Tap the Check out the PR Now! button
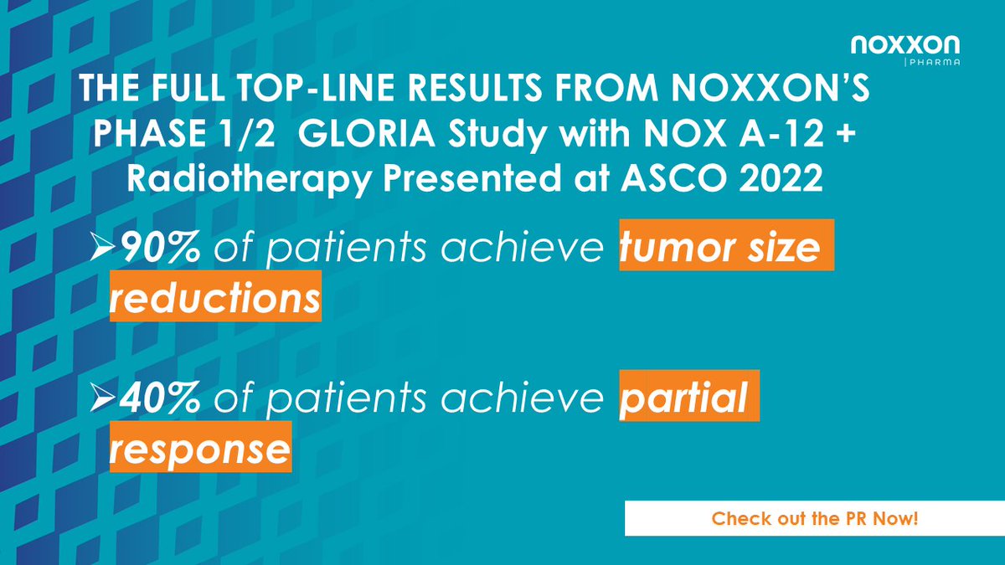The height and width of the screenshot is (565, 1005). tap(815, 519)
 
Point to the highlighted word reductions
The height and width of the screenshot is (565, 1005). tap(215, 299)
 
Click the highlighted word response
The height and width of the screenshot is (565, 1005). tap(201, 449)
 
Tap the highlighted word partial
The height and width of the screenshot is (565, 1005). tap(688, 398)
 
